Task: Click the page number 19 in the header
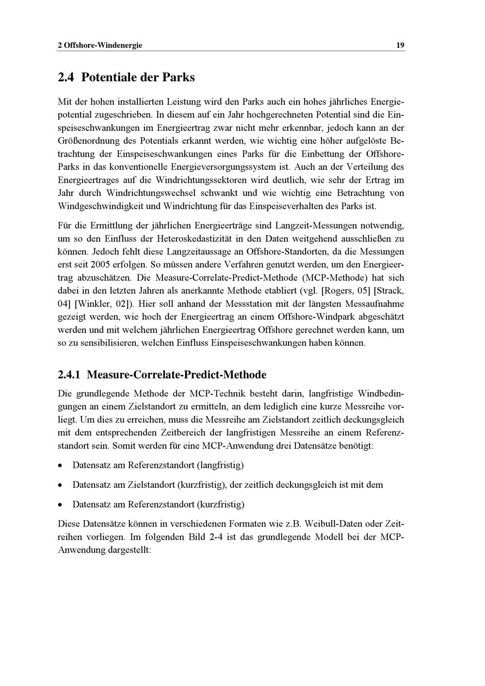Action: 400,46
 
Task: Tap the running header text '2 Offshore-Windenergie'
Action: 100,46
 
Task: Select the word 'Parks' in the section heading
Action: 178,77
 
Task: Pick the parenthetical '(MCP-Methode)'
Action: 332,278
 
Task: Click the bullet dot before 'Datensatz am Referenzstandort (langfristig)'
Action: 60,465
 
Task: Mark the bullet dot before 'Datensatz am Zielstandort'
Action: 60,485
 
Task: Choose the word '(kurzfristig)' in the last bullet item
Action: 221,504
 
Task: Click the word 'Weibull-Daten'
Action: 333,524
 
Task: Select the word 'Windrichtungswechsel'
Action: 151,193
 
